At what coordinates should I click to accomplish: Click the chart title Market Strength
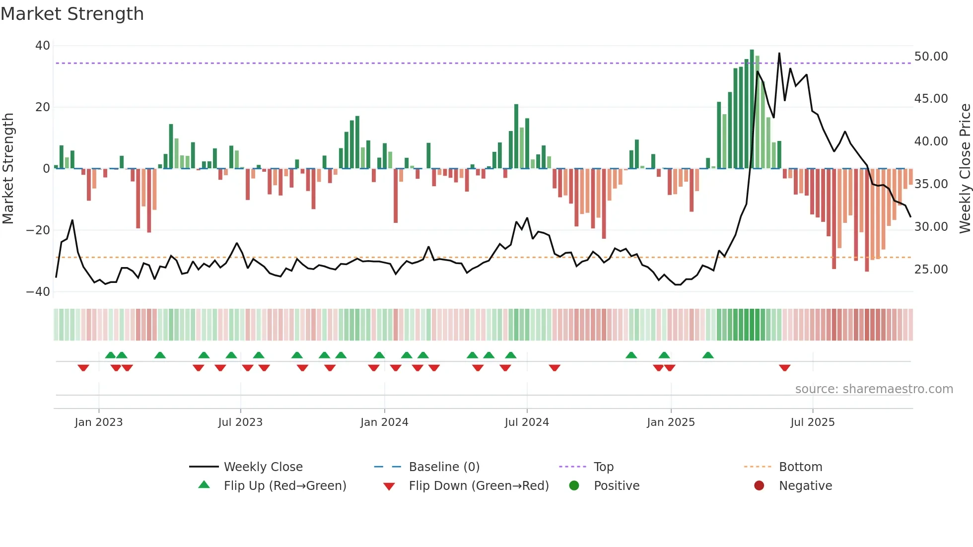coord(72,14)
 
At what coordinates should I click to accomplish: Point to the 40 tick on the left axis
coord(43,46)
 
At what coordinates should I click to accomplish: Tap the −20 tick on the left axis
coord(38,230)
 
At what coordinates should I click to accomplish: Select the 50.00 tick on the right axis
coord(931,57)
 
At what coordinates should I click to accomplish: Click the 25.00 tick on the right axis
coord(931,270)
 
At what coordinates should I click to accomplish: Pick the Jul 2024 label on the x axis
coord(527,422)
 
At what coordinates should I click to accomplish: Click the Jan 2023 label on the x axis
coord(98,422)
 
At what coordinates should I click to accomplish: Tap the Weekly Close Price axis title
coord(965,169)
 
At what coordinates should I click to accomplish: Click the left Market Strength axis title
coord(8,169)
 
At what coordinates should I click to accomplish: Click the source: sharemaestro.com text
coord(874,389)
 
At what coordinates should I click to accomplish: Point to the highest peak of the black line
coord(779,54)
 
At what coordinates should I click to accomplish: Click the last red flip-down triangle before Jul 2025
coord(784,368)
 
